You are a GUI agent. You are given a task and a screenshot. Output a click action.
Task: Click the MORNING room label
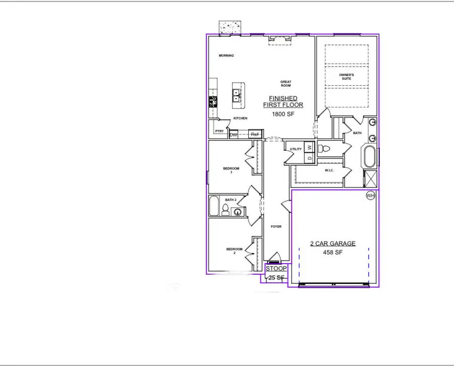point(226,55)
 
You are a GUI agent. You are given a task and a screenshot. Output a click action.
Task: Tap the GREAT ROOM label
point(286,84)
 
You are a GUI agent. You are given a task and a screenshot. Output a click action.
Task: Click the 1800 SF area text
point(283,114)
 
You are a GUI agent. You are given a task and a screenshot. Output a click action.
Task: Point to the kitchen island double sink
point(236,95)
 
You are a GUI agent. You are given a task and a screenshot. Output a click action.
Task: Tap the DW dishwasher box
point(234,135)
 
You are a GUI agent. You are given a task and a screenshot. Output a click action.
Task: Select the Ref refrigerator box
point(255,135)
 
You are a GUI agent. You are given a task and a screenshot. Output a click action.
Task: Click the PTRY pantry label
point(219,131)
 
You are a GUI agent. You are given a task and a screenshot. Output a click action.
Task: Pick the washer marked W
point(310,147)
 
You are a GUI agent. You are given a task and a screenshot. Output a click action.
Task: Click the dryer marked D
point(310,158)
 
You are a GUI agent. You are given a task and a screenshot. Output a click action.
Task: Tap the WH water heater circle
point(371,196)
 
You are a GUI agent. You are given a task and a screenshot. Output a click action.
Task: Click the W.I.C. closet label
point(330,170)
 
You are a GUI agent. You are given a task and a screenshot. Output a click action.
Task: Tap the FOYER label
point(276,226)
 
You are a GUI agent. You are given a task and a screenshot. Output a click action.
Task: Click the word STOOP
point(276,269)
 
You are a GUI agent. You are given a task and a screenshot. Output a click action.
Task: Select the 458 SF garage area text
point(332,252)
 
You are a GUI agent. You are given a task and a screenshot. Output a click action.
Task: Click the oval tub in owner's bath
point(369,157)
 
